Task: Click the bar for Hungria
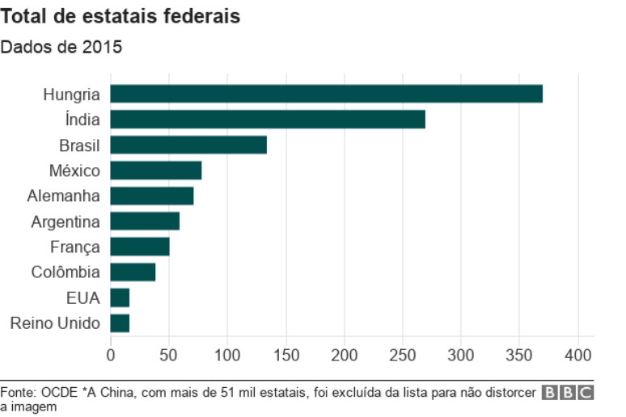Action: pos(326,94)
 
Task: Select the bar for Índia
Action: pos(268,120)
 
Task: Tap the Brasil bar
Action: pos(188,145)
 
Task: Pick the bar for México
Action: pos(156,171)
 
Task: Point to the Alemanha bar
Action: pos(152,196)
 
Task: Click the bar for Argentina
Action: pos(145,221)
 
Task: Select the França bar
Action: pos(140,246)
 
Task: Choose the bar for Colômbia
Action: pos(133,272)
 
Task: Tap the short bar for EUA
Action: pos(120,298)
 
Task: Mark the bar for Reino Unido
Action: pos(120,323)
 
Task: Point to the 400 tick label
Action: pos(577,355)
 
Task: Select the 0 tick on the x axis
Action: pos(111,355)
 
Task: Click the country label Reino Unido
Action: pos(55,323)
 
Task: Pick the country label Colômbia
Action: pos(66,272)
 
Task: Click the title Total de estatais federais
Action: pos(121,16)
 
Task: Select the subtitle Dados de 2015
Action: pos(61,47)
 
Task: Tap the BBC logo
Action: pos(568,394)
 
